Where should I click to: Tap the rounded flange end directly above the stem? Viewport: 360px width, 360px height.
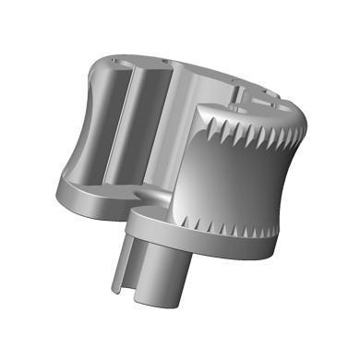(148, 222)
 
